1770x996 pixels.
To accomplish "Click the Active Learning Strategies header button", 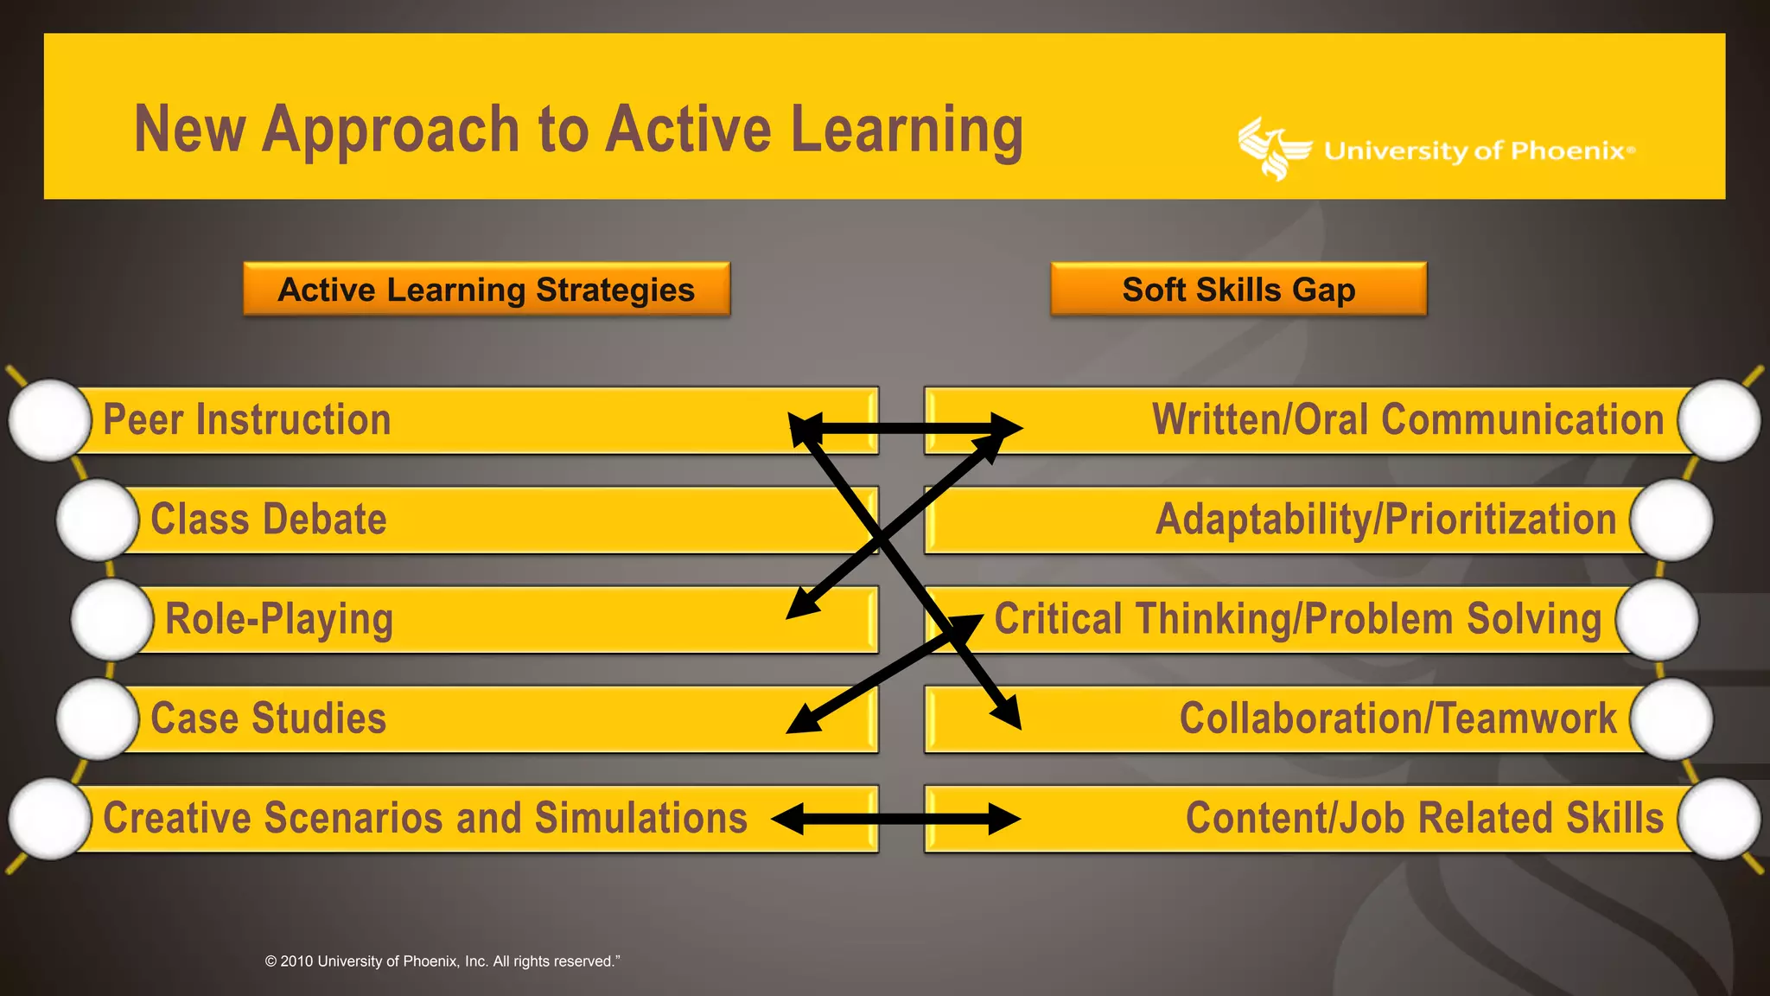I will point(487,290).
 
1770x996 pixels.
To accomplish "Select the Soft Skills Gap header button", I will point(1238,290).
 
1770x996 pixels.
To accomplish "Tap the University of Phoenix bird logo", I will point(1272,149).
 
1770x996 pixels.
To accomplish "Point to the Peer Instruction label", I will point(247,420).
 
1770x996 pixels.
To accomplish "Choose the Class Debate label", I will point(269,520).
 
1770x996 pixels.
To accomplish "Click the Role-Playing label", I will point(279,619).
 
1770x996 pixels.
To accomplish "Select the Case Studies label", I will point(269,718).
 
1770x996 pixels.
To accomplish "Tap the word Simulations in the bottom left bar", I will point(640,818).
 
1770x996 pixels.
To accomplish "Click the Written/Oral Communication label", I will point(1408,420).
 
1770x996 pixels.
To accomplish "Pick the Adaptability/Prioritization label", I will point(1385,520).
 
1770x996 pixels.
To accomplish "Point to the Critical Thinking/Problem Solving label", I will point(1298,619).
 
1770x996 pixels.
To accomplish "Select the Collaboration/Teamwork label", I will point(1398,718).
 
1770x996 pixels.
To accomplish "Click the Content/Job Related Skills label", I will point(1424,818).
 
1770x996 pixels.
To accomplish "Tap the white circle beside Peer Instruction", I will point(50,420).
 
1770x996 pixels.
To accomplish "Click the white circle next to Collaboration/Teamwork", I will point(1671,718).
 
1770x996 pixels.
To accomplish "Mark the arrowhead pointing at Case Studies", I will point(802,720).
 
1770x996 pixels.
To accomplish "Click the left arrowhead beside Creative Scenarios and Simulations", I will point(788,819).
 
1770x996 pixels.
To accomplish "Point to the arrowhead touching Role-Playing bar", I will point(801,605).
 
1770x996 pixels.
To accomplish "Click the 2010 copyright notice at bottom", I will point(442,961).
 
